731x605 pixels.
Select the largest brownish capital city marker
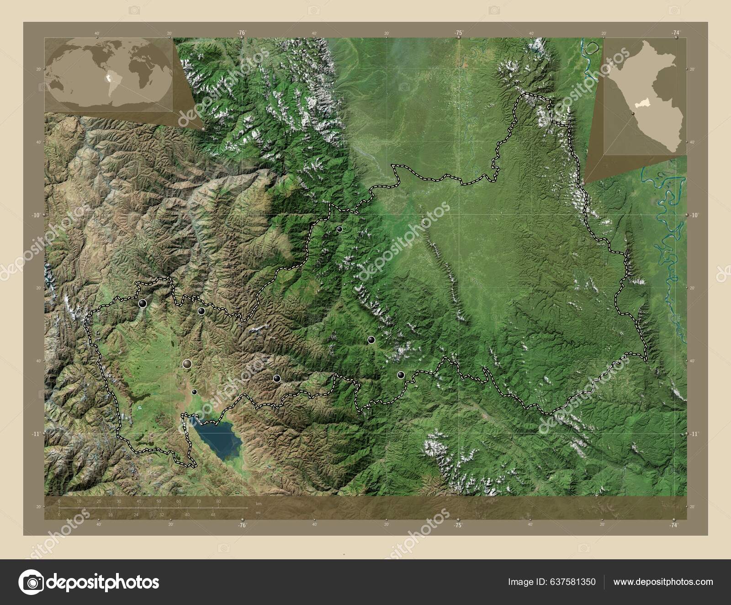187,364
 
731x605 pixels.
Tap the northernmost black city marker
339,229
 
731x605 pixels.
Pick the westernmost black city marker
143,302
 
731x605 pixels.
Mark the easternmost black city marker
401,375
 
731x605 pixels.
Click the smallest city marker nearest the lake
194,392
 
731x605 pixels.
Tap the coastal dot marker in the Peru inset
633,113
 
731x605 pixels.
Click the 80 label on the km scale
218,502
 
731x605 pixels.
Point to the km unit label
259,504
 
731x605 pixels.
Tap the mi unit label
259,512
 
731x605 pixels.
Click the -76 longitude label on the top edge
242,32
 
